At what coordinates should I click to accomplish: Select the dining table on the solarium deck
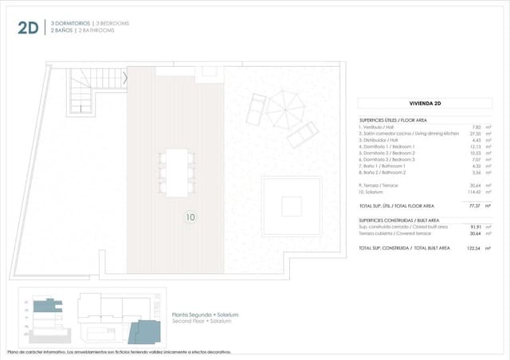[176, 170]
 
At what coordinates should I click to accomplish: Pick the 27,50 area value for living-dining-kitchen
[475, 134]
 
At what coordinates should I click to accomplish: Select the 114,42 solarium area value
[474, 193]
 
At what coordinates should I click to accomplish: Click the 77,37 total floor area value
[475, 205]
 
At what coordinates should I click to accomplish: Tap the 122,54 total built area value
[474, 248]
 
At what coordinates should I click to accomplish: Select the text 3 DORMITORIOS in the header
[71, 23]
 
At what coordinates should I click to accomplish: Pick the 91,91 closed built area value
[475, 227]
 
